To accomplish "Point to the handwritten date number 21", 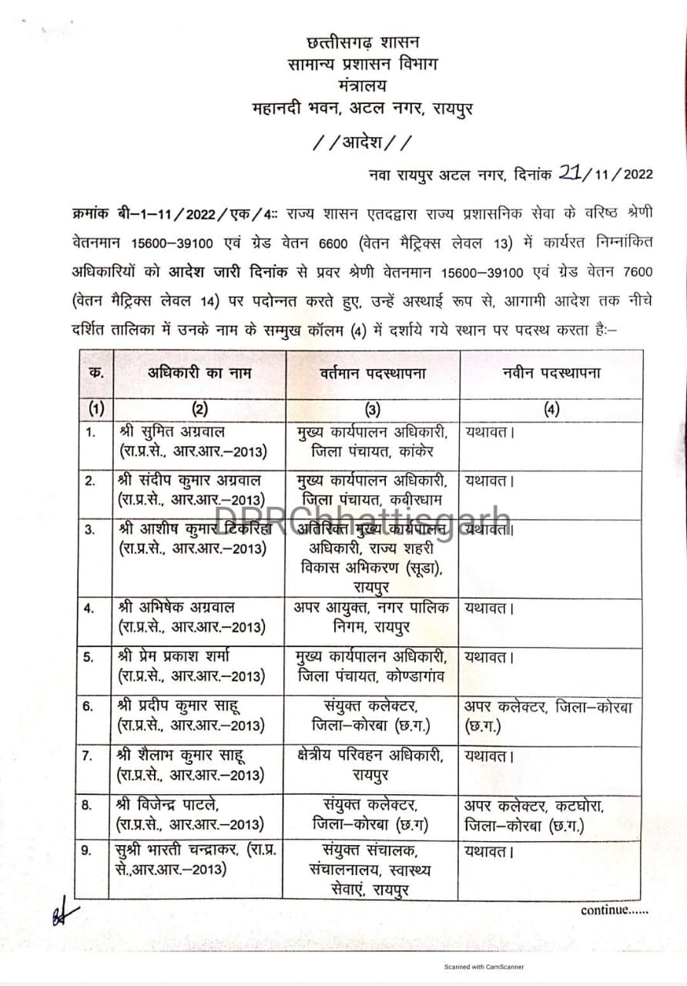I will point(570,173).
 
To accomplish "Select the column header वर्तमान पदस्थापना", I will point(373,373).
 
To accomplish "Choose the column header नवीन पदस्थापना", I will point(551,373).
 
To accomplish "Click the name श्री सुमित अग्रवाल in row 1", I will point(172,431).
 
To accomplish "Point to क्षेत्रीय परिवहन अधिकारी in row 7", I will point(369,756).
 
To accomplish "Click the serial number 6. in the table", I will point(89,706).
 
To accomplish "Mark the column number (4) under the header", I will point(551,410).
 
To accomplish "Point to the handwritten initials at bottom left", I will point(65,914).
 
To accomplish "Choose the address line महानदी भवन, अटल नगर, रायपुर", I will point(362,108).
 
